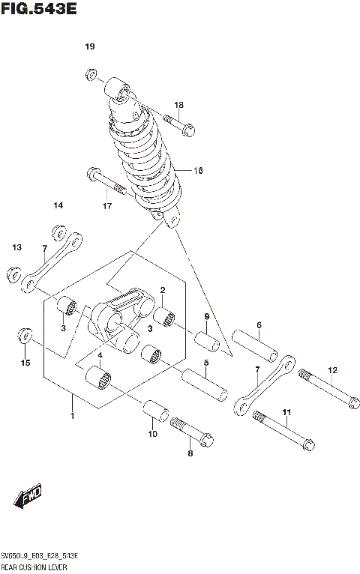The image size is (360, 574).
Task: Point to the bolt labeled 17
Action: point(108,181)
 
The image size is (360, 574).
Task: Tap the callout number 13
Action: point(16,247)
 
